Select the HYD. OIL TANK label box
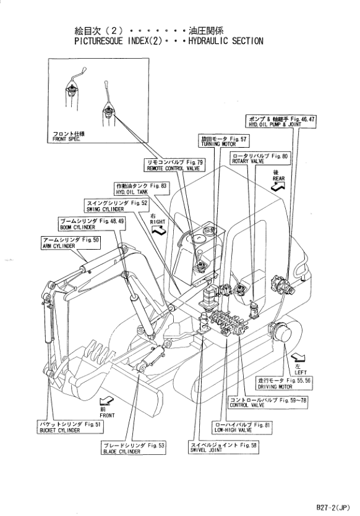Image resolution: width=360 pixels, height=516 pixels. pos(141,188)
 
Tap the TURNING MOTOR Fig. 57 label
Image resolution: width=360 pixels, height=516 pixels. pos(223,141)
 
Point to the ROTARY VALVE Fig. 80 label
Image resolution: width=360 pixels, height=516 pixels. pos(260,158)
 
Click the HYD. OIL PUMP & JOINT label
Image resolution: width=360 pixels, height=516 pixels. pos(281,121)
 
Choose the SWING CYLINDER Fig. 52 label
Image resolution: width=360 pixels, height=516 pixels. pos(116,206)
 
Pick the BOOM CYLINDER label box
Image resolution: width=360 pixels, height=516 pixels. pos(91,224)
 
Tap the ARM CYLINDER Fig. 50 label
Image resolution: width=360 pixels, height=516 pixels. pos(70,242)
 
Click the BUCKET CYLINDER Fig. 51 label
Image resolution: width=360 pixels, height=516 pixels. pos(70,427)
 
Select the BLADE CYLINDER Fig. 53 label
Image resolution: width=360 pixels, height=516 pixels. pos(134,448)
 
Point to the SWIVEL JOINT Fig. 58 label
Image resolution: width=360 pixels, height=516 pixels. pos(223,447)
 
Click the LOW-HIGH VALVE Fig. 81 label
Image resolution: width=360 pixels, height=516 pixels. pos(242,427)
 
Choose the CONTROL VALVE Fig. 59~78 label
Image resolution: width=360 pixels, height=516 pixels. pos(268,402)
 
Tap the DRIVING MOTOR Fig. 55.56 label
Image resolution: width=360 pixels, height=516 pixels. pos(284,383)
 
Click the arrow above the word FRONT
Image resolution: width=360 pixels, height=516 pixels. pos(106,401)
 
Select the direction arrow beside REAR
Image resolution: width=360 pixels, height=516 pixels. pos(277,187)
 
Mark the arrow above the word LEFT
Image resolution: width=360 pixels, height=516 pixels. pos(298,357)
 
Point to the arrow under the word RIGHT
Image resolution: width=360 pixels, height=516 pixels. pos(159,231)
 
